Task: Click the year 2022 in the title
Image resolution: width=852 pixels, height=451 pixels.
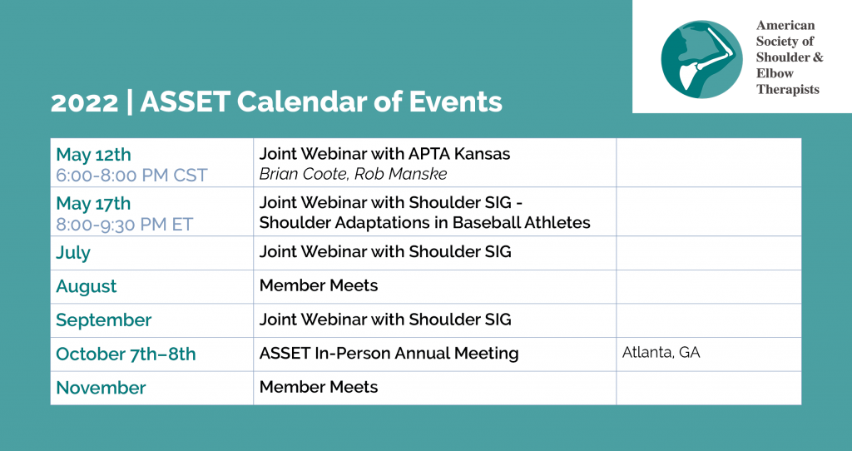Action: coord(84,102)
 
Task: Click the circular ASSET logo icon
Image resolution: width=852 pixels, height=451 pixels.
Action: coord(701,59)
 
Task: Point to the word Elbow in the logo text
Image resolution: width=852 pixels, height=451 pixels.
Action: coord(775,73)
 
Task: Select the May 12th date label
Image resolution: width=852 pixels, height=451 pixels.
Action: coord(93,154)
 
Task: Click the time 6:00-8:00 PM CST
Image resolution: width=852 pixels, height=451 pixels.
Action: coord(131,176)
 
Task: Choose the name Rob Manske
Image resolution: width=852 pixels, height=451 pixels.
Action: coord(404,174)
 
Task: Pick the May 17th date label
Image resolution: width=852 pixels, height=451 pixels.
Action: coord(93,203)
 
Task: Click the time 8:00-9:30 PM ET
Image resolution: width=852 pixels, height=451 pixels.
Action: coord(125,225)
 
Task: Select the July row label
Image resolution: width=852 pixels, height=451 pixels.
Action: coord(73,253)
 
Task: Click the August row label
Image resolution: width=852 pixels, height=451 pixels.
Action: coord(87,287)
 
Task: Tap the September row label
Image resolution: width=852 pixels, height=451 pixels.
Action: coord(104,320)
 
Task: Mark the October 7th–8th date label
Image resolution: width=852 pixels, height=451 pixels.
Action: coord(126,354)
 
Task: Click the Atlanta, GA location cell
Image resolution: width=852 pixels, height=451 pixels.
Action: coord(661,353)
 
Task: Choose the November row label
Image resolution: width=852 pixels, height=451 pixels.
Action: coord(101,388)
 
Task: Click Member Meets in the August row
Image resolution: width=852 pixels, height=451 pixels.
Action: coord(319,285)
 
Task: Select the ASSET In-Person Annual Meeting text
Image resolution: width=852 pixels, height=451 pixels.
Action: coord(389,353)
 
